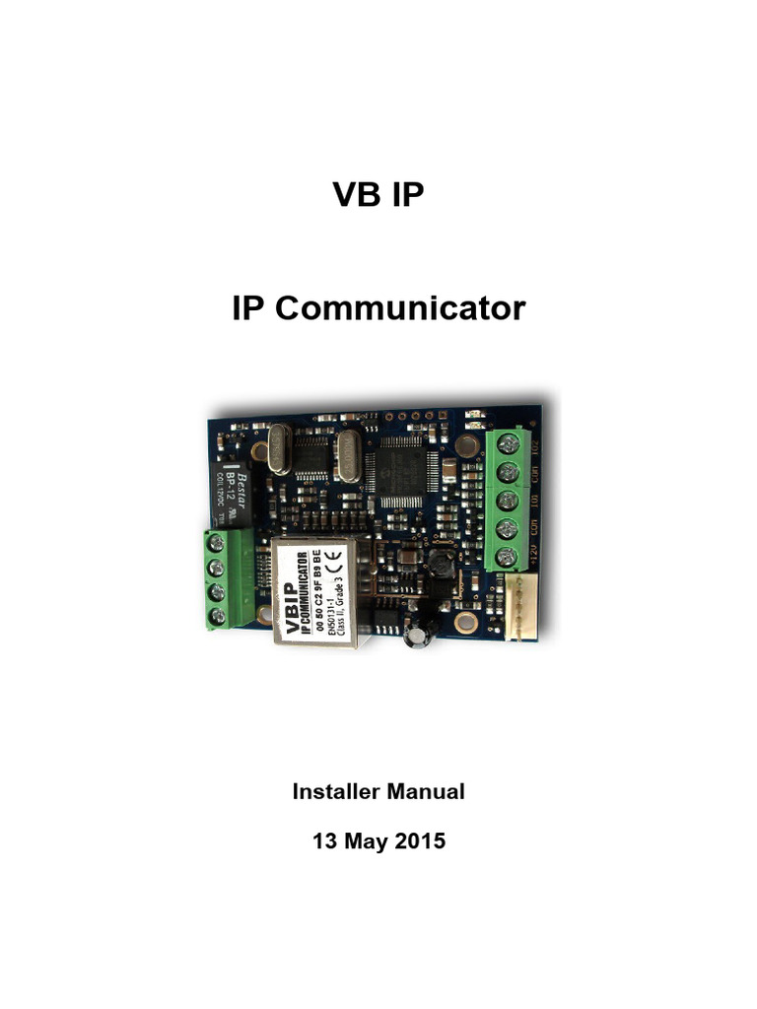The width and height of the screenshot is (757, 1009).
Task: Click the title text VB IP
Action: pyautogui.click(x=378, y=195)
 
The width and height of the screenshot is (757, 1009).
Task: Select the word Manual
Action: pyautogui.click(x=425, y=790)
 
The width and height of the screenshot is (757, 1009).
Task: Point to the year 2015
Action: pyautogui.click(x=419, y=841)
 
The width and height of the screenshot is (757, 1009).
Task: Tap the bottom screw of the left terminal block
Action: pyautogui.click(x=218, y=617)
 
